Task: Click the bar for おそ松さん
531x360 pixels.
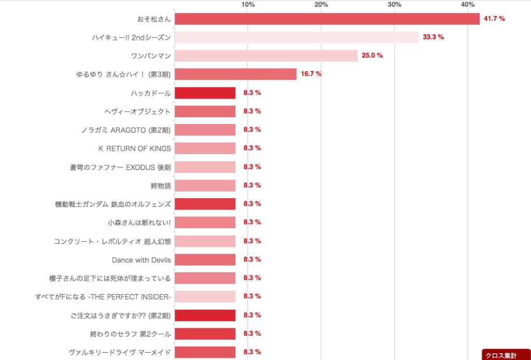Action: (x=327, y=19)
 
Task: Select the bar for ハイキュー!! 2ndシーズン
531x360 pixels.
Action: (x=296, y=37)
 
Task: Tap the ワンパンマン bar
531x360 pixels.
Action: (x=266, y=56)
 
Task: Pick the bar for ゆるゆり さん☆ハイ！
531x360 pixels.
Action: (x=235, y=74)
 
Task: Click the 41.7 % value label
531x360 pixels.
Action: (x=494, y=19)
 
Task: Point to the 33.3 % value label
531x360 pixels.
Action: (x=433, y=37)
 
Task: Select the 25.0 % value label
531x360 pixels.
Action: (x=372, y=56)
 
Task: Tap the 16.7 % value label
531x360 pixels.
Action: (x=311, y=74)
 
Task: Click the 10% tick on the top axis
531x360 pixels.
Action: (x=248, y=5)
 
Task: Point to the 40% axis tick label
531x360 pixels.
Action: (x=468, y=5)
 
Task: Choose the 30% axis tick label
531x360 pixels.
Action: (x=395, y=5)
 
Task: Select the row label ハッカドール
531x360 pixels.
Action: (x=151, y=93)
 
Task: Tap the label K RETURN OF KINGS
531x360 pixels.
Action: (x=134, y=148)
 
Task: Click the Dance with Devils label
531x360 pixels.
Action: (x=141, y=259)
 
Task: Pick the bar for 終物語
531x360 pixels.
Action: (x=205, y=185)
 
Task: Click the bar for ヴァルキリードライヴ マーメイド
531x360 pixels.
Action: (x=205, y=352)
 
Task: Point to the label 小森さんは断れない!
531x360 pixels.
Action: (x=139, y=223)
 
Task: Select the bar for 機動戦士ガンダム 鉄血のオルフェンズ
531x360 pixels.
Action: (x=205, y=204)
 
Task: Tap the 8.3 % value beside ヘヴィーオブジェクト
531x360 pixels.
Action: (x=251, y=111)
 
